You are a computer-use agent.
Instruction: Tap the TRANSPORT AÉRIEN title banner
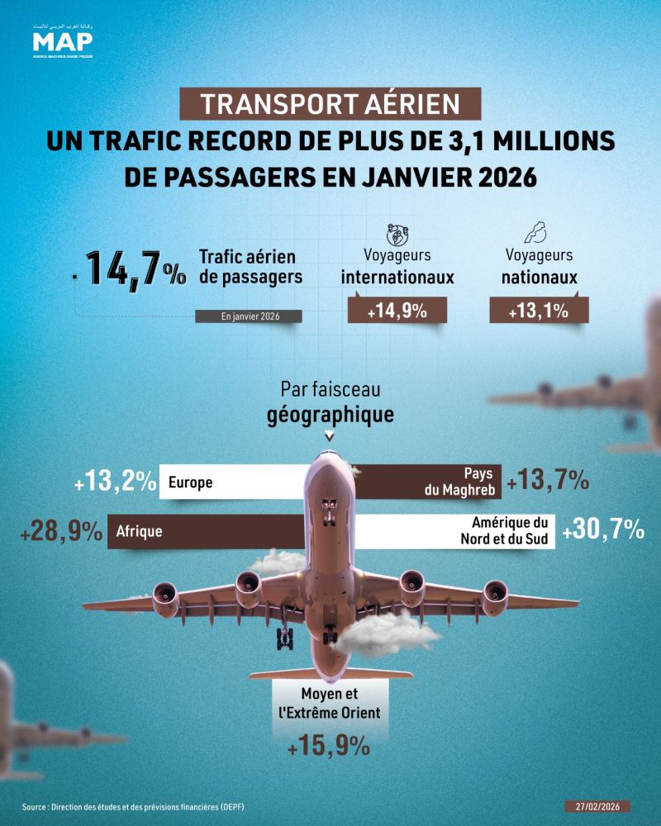coord(330,105)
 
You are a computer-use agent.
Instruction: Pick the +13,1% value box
coord(539,311)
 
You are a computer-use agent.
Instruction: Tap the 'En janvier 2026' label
coord(248,316)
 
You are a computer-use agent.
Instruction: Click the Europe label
coord(191,483)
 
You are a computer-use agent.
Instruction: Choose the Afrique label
coord(140,533)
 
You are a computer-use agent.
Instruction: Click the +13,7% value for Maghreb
coord(548,482)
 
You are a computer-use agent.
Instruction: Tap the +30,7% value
coord(602,532)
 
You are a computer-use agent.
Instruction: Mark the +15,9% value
coord(328,747)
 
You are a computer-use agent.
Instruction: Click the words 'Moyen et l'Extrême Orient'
coord(328,703)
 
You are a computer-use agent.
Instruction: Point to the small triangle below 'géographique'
coord(330,436)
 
